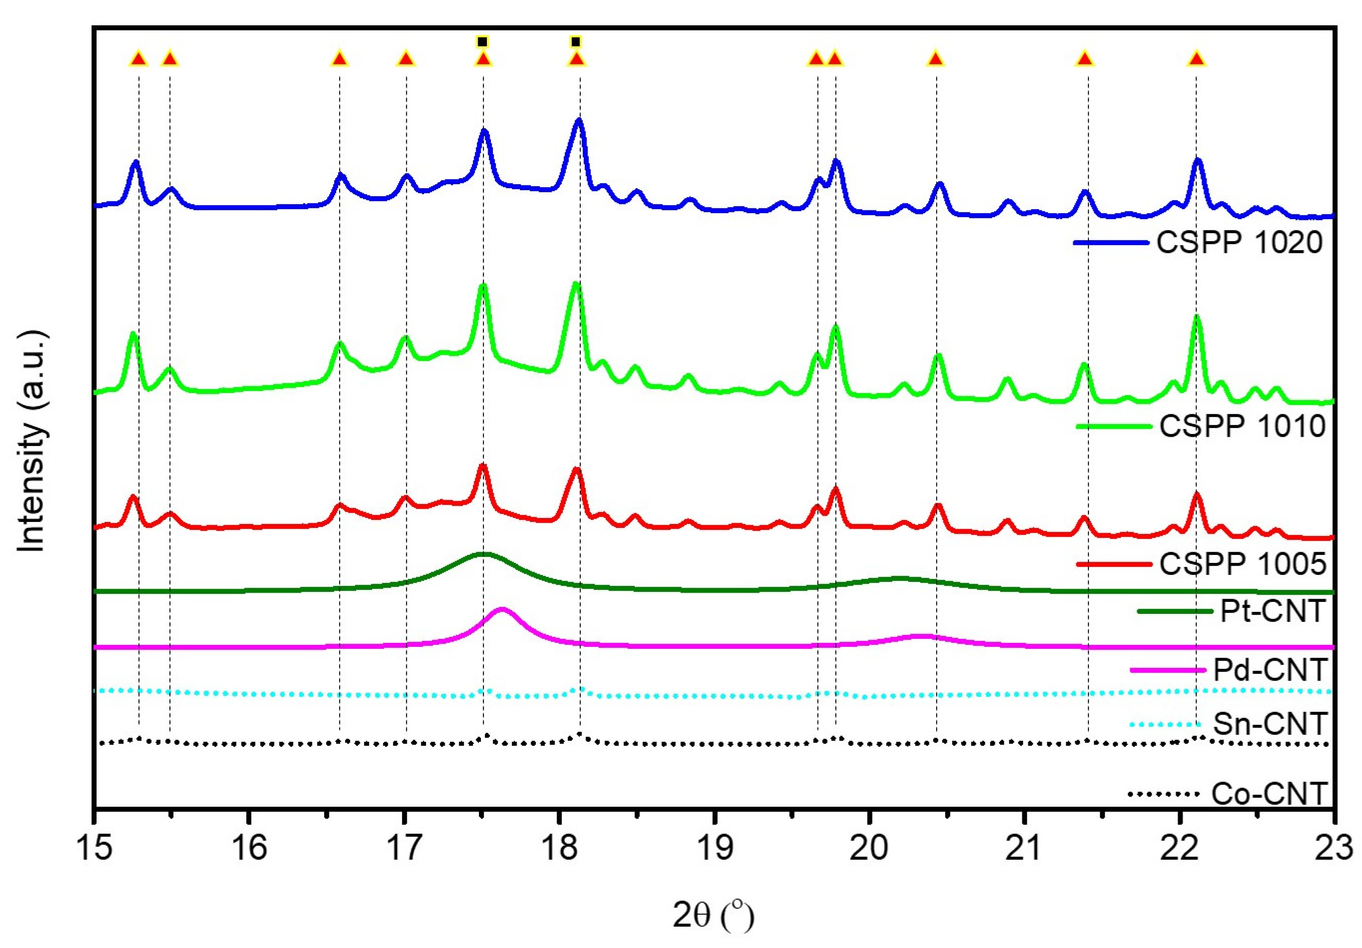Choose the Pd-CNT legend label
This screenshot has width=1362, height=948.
[x=1269, y=670]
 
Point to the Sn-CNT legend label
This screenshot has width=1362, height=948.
[x=1269, y=723]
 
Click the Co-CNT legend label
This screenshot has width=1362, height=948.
[x=1269, y=794]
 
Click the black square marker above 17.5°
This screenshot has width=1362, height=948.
[x=483, y=41]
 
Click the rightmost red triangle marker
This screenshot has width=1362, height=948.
[x=1197, y=59]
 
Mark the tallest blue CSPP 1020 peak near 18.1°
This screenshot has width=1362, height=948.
[x=578, y=121]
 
